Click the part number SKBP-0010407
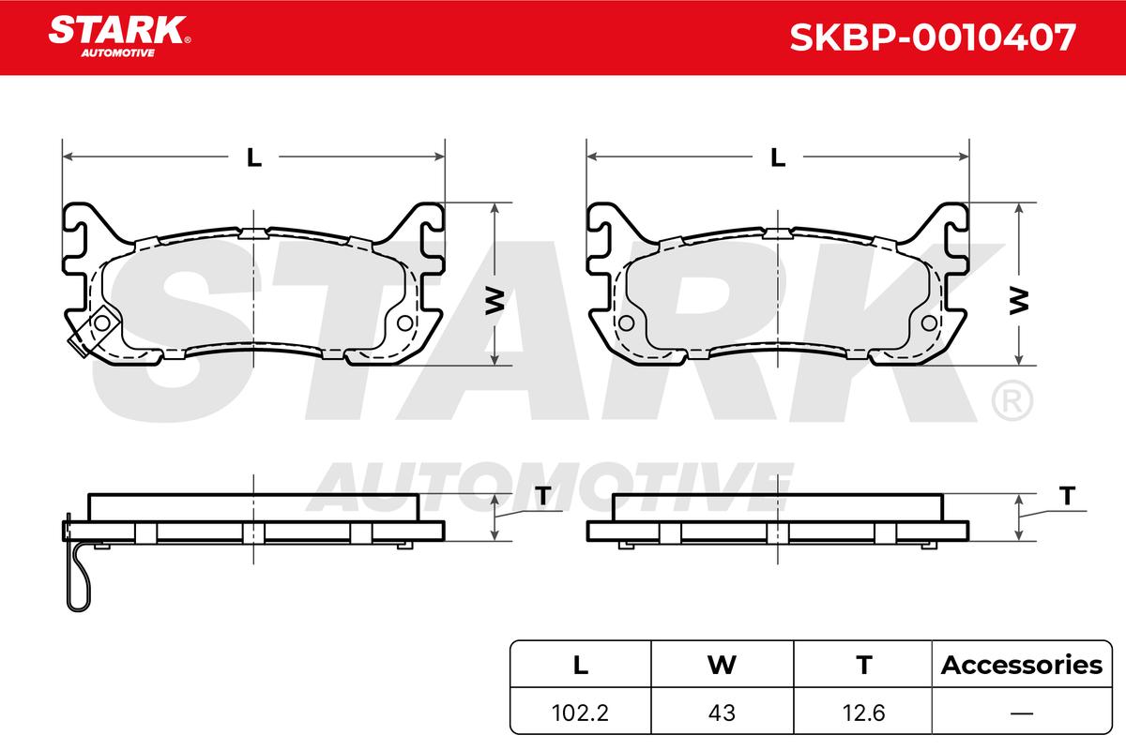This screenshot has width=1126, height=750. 933,37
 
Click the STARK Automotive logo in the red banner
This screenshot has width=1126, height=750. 119,37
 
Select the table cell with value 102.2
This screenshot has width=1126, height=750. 580,712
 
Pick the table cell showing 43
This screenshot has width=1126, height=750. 722,712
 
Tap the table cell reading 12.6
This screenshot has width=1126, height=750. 863,712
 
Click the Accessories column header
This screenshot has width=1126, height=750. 1022,665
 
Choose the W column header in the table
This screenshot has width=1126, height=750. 722,665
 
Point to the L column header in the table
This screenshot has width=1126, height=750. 581,665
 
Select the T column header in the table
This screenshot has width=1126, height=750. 863,665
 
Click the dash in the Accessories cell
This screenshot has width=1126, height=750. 1022,713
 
